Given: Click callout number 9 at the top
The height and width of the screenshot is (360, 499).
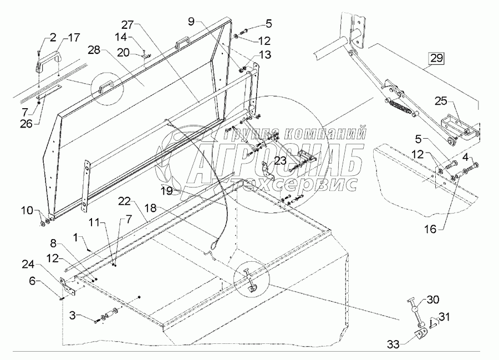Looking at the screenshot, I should click(191, 22).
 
